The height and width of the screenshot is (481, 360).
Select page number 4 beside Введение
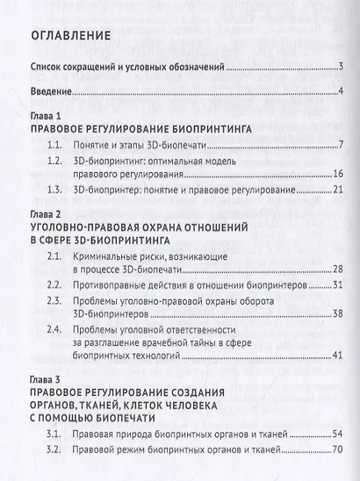pyautogui.click(x=339, y=93)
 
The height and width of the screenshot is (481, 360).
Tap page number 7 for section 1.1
pyautogui.click(x=339, y=145)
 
